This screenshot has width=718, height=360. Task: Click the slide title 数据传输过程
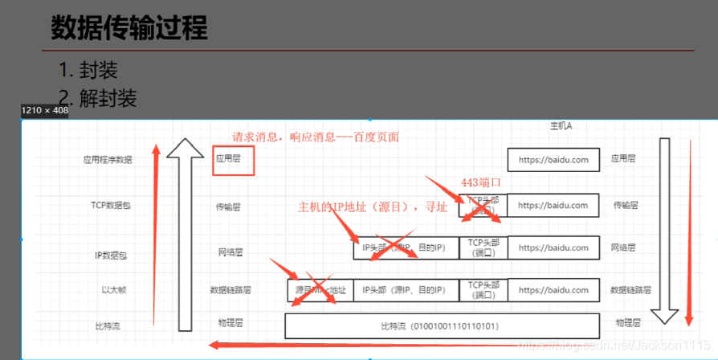point(129,28)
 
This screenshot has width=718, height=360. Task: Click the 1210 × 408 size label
point(45,111)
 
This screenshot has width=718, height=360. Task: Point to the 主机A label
point(560,126)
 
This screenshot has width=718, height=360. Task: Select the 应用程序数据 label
point(107,159)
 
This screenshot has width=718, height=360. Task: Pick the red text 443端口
point(481,182)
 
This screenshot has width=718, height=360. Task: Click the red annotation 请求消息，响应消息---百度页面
point(315,137)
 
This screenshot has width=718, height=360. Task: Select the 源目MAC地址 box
point(320,290)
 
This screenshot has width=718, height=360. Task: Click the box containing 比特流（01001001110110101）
point(442,326)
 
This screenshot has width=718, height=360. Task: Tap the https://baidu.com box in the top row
point(553,159)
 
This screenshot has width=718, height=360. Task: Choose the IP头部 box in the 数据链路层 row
point(406,290)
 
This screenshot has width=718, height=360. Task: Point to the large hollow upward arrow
point(186,233)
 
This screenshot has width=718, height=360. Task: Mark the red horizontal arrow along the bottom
point(361,346)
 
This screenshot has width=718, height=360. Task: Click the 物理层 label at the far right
point(627,323)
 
